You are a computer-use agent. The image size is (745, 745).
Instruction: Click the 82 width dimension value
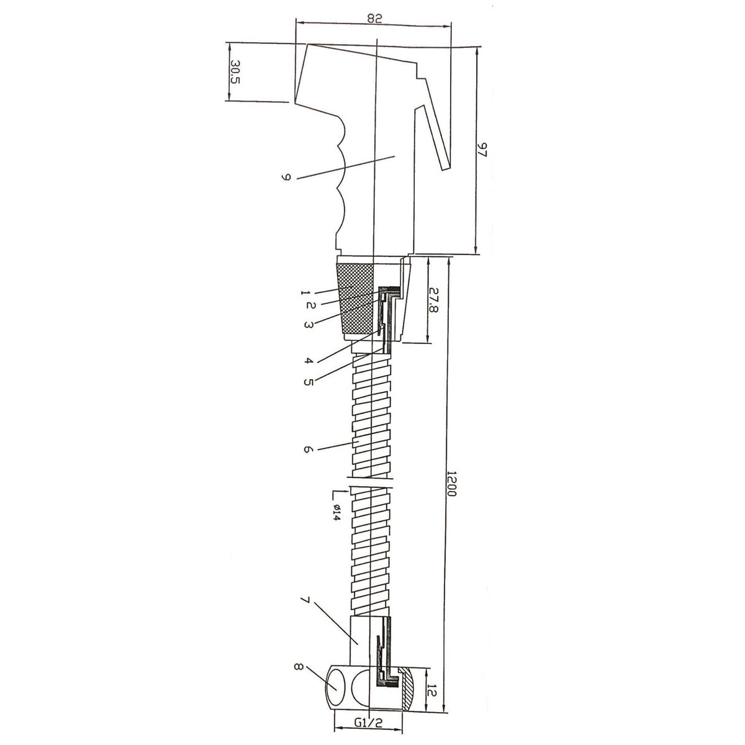tap(374, 18)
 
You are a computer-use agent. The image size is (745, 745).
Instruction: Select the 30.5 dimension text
tap(235, 72)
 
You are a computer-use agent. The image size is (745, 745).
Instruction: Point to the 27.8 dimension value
tap(434, 300)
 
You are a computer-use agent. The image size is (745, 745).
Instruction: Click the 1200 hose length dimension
tap(451, 489)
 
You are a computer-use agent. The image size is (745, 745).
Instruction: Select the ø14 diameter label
tap(335, 513)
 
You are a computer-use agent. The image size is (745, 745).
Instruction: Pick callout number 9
tap(286, 177)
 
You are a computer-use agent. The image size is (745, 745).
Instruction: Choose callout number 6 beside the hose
tap(306, 449)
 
